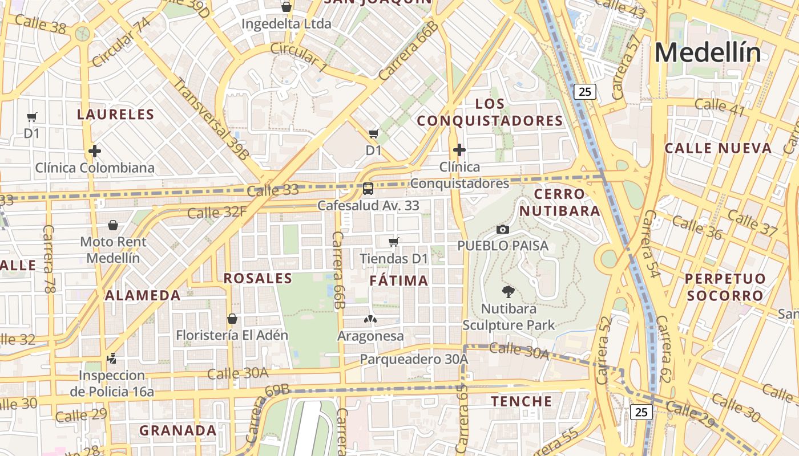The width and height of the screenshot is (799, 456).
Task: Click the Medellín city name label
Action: [708, 52]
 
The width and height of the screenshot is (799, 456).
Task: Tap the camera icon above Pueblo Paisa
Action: [503, 229]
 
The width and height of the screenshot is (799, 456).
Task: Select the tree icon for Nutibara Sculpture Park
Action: [507, 292]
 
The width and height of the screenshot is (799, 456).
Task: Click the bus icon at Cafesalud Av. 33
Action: [368, 188]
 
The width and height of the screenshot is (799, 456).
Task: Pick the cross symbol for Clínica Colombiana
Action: [95, 151]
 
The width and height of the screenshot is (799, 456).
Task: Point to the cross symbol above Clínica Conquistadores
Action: [459, 150]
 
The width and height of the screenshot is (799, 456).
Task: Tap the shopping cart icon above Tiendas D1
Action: [393, 242]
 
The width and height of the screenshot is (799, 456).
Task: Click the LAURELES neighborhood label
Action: [116, 115]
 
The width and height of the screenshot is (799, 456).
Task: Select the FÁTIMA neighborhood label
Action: [399, 280]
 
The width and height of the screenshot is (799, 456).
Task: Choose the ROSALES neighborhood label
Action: [258, 278]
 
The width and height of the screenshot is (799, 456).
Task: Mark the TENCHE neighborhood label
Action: [522, 401]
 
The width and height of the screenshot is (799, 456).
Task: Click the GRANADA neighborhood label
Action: [178, 430]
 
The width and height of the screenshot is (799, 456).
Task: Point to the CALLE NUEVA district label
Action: [718, 149]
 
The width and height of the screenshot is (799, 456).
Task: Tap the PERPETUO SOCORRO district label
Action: [725, 287]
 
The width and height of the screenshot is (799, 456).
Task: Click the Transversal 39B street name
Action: [211, 119]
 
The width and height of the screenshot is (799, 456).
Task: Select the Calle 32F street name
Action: [217, 213]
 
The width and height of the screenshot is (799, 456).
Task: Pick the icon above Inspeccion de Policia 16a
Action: [112, 359]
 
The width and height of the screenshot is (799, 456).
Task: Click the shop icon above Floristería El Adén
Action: [232, 318]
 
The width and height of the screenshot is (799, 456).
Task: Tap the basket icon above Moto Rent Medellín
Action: [113, 225]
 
